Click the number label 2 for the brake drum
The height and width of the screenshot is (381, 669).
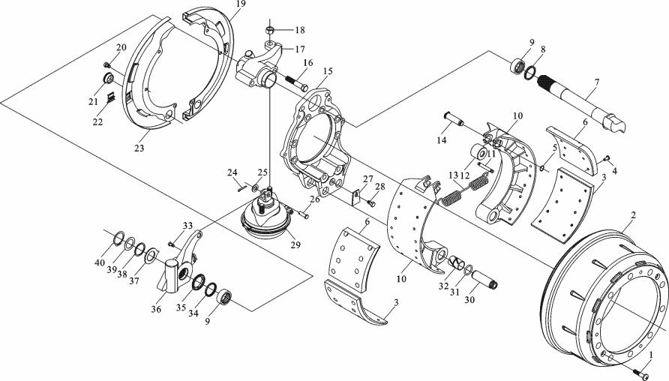(633, 216)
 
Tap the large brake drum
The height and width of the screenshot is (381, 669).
(600, 300)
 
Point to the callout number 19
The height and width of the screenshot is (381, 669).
(239, 4)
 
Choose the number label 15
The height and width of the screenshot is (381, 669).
(327, 71)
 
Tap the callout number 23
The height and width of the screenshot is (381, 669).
(138, 148)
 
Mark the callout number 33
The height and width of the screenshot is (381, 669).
(187, 225)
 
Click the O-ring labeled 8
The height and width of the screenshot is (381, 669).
(529, 72)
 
